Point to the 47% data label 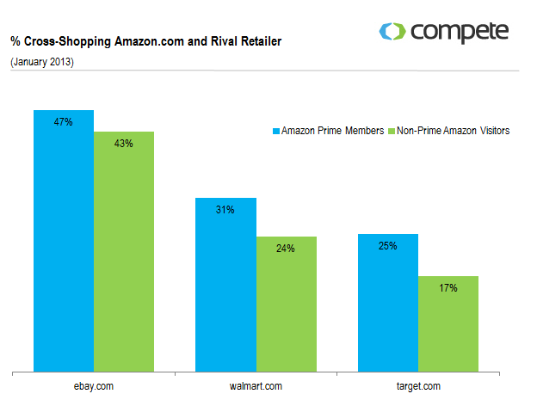[x=63, y=123]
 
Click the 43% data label [x=123, y=144]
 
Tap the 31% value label [x=225, y=210]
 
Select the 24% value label [x=286, y=249]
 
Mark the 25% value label [x=387, y=246]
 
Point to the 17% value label [x=447, y=288]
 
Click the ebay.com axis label [x=94, y=385]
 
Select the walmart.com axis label [x=256, y=385]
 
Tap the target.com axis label [x=417, y=385]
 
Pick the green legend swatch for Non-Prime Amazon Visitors [x=391, y=132]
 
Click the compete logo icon [x=392, y=33]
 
